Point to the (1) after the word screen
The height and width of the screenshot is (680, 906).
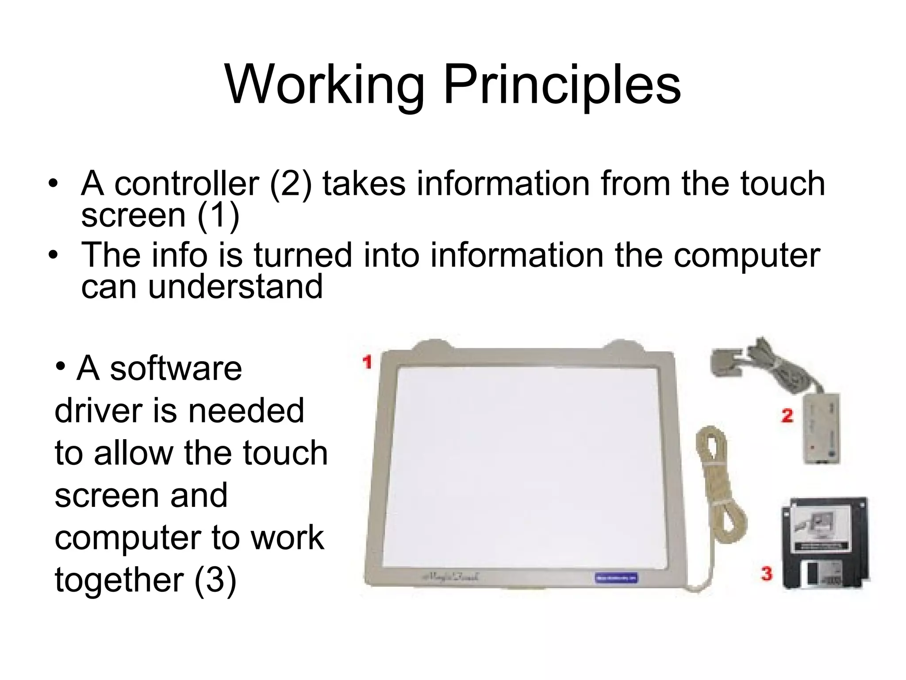coord(218,216)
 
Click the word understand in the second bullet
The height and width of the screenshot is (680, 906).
coord(235,286)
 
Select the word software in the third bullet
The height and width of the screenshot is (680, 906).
coord(176,369)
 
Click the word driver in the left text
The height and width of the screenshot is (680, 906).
coord(98,411)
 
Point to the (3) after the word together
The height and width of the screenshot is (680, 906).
coord(215,581)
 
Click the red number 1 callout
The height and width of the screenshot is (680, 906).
coord(367,362)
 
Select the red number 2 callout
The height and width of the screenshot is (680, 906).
coord(787,416)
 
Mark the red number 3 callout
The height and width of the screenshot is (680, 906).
coord(767,574)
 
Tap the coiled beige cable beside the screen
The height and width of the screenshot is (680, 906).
coord(717,483)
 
